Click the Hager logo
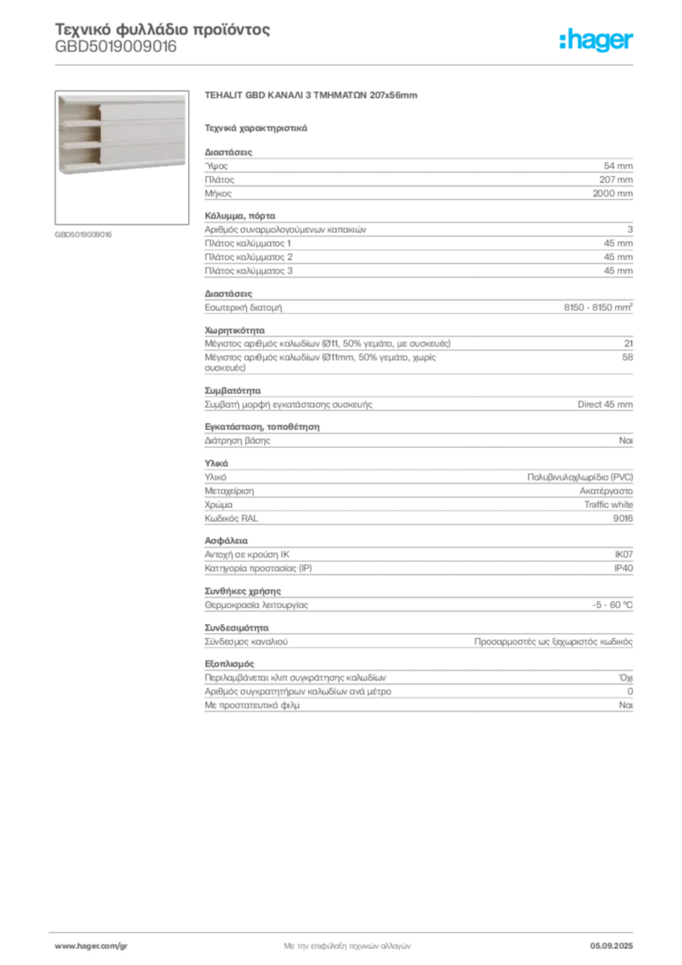(x=595, y=41)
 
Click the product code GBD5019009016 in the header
(x=116, y=47)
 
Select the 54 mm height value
(x=618, y=166)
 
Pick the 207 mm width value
(x=615, y=180)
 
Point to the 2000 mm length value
(x=612, y=193)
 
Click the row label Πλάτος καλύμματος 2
(x=249, y=257)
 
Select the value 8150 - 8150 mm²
(x=598, y=307)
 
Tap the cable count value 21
(x=628, y=343)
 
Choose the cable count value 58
(x=627, y=357)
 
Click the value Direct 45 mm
(x=605, y=404)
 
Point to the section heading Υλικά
(x=217, y=463)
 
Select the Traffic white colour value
(x=609, y=505)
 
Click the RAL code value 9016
(x=623, y=518)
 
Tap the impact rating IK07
(x=624, y=554)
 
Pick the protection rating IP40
(x=624, y=568)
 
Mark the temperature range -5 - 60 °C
(x=612, y=605)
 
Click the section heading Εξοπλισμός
(x=230, y=664)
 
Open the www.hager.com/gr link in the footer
(x=91, y=946)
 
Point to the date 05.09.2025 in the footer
(x=611, y=946)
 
